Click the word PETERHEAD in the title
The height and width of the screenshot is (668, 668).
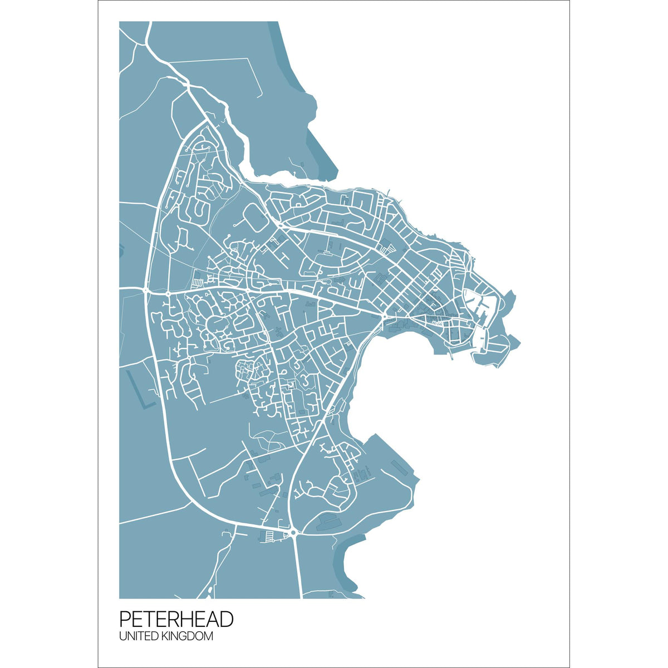[x=176, y=619]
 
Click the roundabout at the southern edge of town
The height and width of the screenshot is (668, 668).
[x=293, y=533]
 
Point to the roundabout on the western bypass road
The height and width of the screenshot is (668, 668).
[x=146, y=289]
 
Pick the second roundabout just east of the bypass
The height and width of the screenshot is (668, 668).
[x=168, y=291]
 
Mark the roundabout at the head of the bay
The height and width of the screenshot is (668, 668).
[x=384, y=317]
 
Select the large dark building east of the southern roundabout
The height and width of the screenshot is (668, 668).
[x=328, y=522]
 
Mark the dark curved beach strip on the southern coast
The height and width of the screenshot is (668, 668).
[x=345, y=562]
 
